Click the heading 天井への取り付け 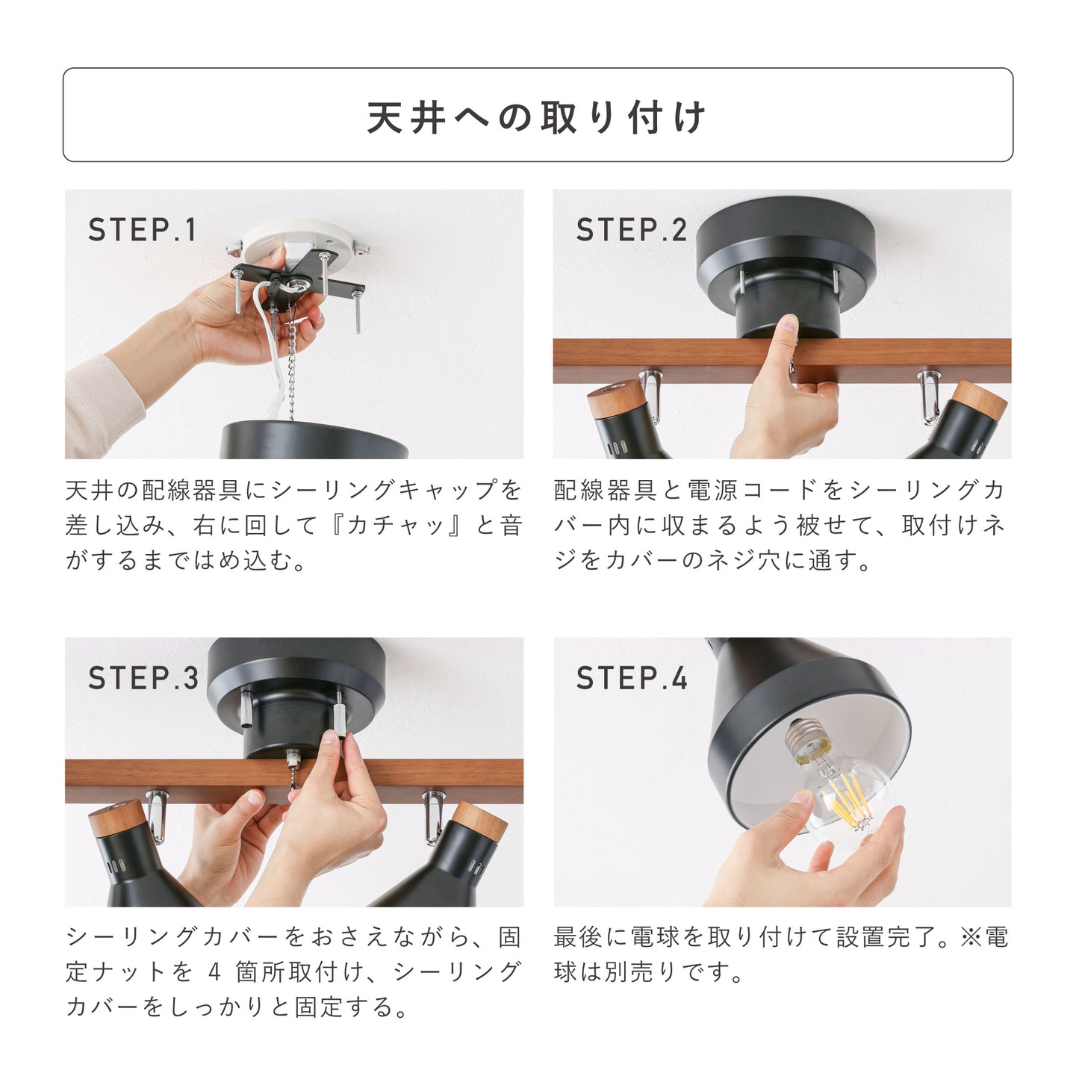tap(536, 117)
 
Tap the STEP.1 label tap(142, 229)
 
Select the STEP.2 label tap(631, 229)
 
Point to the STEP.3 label tap(143, 678)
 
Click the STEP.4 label tap(631, 678)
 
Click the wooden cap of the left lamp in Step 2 tap(614, 397)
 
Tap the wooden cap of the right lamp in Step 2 tap(980, 400)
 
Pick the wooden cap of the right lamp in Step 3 tap(480, 821)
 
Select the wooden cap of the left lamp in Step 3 tap(117, 818)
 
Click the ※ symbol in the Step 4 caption tap(971, 937)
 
